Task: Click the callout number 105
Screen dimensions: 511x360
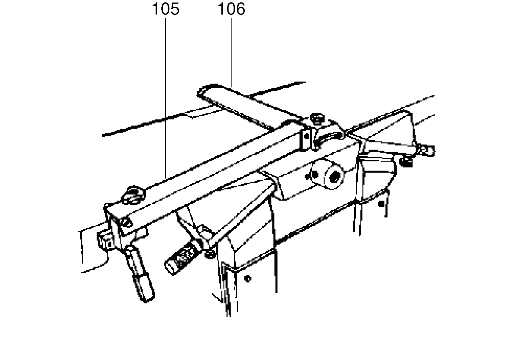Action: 166,9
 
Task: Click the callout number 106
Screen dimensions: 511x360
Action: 231,9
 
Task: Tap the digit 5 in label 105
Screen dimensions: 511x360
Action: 174,9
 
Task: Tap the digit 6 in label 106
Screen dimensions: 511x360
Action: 240,9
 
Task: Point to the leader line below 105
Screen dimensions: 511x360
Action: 165,98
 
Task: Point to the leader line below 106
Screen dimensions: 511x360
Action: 231,52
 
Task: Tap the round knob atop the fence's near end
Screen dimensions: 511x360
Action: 133,195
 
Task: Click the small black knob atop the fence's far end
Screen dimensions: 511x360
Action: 317,119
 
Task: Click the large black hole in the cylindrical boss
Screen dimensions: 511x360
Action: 335,177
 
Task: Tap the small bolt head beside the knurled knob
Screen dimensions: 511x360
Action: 210,254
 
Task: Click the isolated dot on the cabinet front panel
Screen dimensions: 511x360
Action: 248,278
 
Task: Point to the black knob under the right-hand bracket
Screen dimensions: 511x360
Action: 406,162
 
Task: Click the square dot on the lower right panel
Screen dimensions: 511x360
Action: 381,204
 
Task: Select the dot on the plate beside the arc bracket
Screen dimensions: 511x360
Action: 307,137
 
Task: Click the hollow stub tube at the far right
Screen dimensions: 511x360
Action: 427,151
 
